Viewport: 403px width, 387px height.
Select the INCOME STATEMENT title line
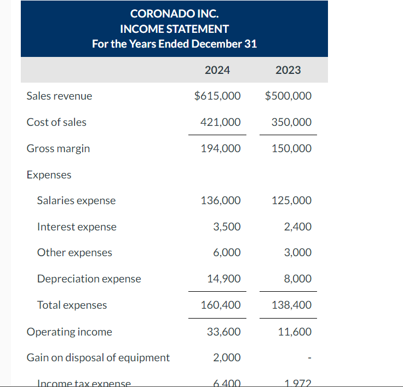(174, 28)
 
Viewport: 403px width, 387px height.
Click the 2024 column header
(217, 70)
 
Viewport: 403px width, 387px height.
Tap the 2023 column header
(288, 70)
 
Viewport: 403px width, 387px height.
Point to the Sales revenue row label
(59, 96)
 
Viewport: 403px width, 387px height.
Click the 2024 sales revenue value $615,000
(217, 96)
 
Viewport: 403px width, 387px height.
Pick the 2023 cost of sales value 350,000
(291, 122)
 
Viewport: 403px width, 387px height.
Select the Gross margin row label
(58, 148)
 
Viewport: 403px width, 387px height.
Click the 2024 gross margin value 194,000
(221, 148)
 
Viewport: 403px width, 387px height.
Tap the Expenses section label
(49, 175)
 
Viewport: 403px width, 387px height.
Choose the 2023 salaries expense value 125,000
(291, 200)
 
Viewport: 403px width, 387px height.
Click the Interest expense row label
(77, 227)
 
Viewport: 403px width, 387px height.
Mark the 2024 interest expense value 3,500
(227, 227)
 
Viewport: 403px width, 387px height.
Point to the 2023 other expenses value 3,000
(298, 252)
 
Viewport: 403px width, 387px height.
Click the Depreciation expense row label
(89, 279)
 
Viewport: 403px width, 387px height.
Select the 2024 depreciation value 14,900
(223, 279)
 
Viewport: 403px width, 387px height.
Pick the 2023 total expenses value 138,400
(291, 305)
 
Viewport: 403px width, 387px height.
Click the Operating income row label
(69, 332)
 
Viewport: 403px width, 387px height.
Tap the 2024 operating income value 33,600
(223, 332)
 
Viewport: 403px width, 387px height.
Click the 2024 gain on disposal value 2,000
(227, 357)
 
